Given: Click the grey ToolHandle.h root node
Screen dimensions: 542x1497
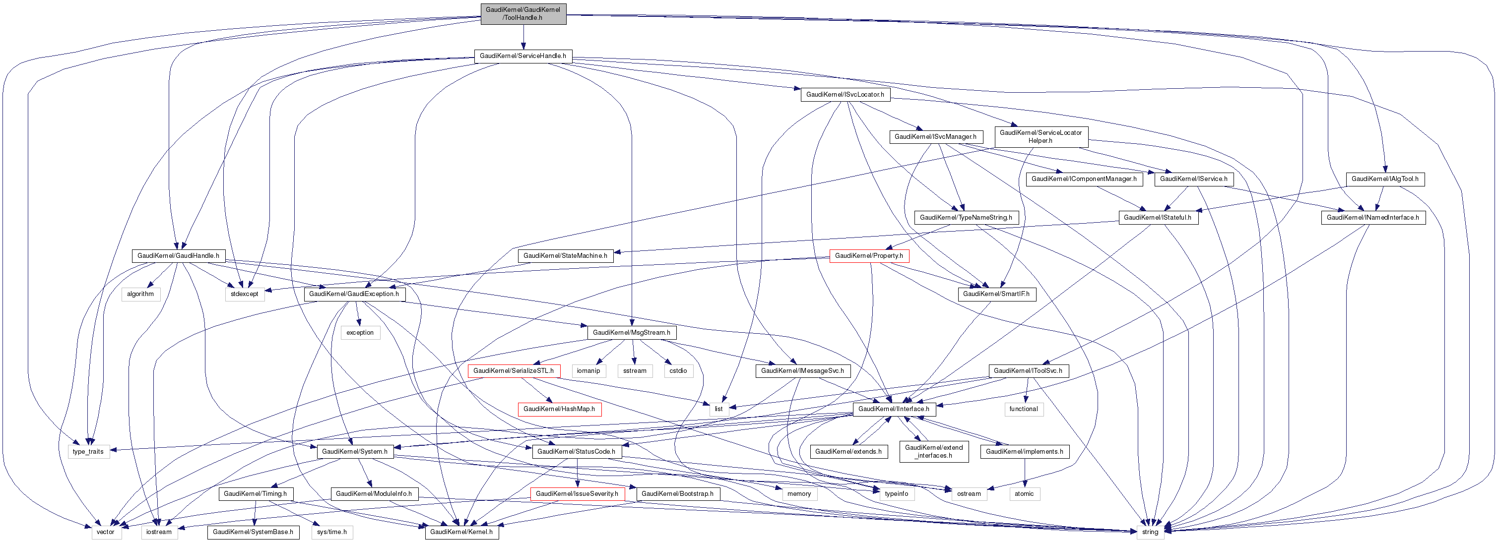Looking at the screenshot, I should (x=523, y=14).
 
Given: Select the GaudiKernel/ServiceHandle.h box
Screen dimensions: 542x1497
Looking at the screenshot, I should (x=522, y=56).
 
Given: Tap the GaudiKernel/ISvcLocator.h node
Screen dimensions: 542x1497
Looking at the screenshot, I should (x=845, y=94).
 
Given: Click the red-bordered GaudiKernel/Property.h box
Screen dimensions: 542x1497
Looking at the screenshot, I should (x=869, y=255).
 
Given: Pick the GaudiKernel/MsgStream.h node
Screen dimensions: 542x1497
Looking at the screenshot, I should (x=631, y=333).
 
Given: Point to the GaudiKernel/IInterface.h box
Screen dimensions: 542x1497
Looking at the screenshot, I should (x=894, y=409).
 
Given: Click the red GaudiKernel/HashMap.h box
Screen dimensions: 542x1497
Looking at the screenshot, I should (x=559, y=409).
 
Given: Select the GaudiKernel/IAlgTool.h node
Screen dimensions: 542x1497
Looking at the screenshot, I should (x=1385, y=179).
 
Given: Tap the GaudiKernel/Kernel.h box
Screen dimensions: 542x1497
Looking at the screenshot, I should (x=461, y=532).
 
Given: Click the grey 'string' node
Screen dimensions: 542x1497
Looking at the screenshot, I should (x=1150, y=532).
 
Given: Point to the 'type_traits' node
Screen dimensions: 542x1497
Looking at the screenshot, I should (x=88, y=451).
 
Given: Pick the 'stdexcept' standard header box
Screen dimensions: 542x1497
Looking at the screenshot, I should (x=245, y=294).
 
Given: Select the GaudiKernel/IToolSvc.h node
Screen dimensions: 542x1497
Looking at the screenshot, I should (x=1028, y=370).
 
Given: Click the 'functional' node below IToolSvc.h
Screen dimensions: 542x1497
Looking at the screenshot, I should (x=1023, y=409).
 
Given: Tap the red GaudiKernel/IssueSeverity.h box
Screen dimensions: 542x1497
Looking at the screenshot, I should (x=577, y=494).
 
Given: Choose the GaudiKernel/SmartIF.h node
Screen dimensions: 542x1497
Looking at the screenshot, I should (x=996, y=294).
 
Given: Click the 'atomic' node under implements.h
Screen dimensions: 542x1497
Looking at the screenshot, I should (x=1024, y=494).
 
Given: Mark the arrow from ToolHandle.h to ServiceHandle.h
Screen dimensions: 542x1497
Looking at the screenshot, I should (x=523, y=37).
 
